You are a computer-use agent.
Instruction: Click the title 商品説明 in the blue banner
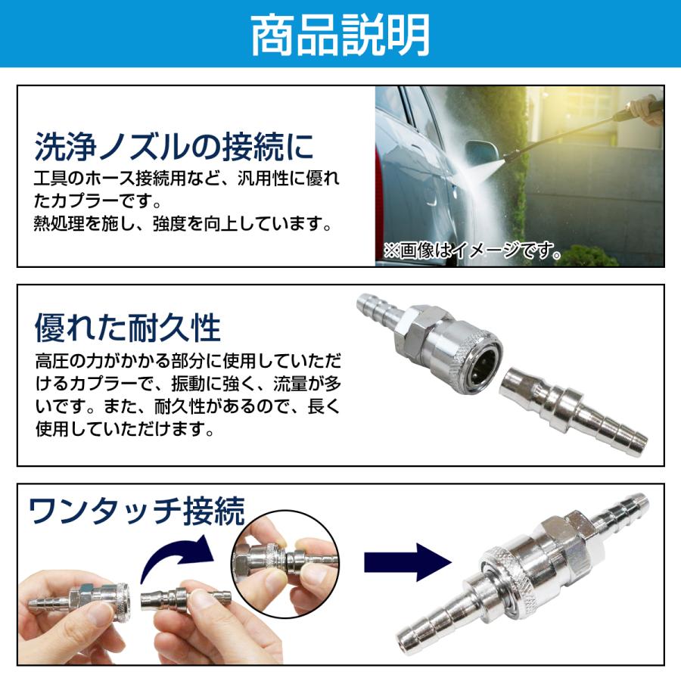[340, 34]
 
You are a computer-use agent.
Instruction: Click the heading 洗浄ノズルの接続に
[174, 146]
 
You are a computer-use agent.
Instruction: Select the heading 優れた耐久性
[127, 328]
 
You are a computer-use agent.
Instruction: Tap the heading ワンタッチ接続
[137, 512]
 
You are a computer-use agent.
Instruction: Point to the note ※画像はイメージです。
[472, 251]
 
